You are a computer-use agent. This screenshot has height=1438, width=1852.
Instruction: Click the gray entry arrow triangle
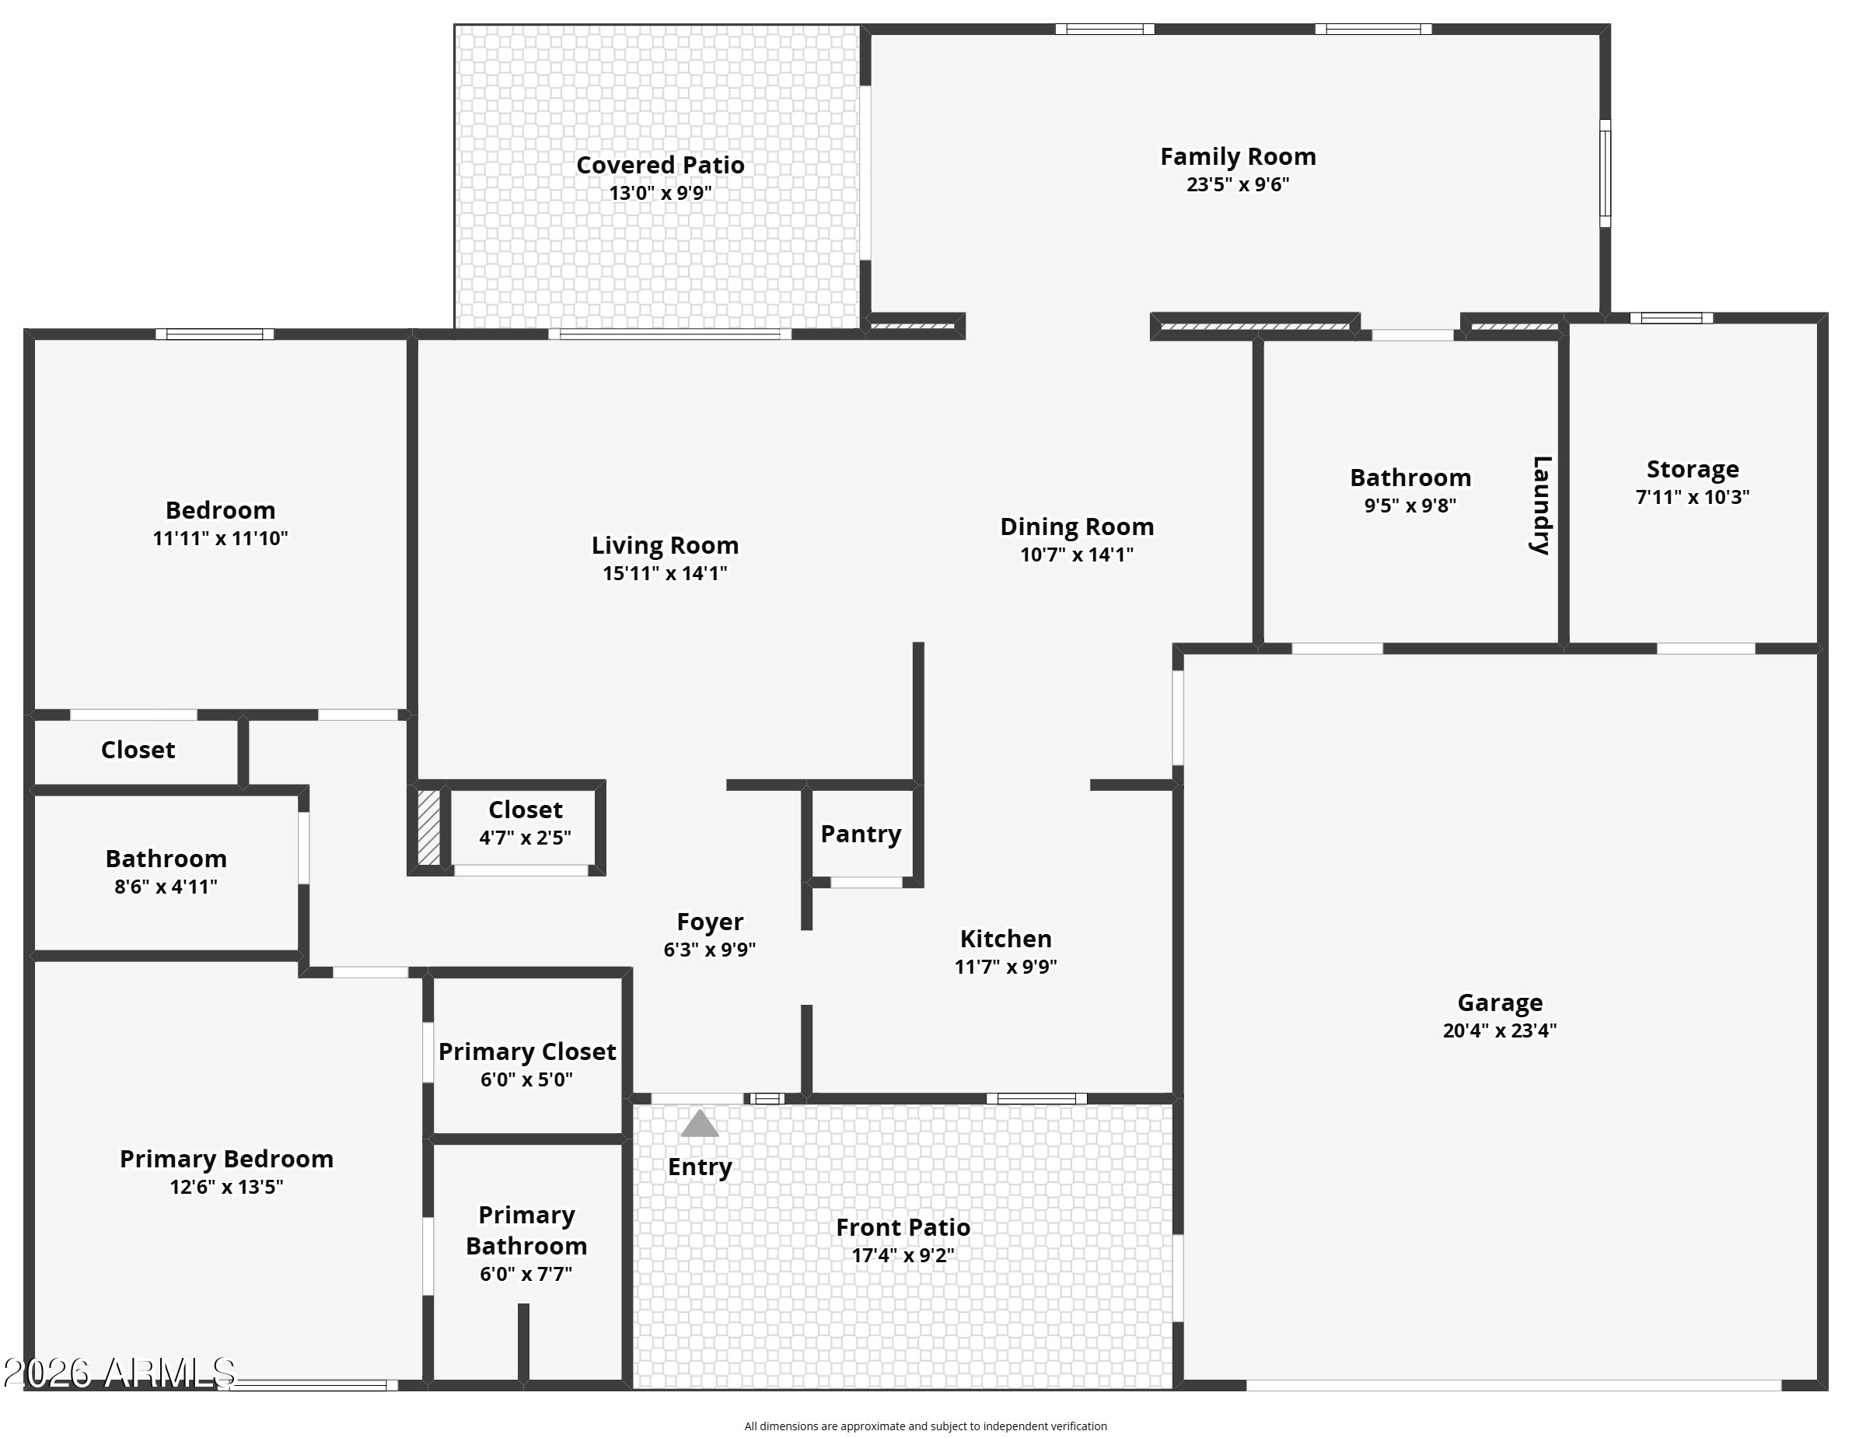700,1123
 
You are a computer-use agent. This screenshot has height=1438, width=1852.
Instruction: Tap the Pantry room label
861,834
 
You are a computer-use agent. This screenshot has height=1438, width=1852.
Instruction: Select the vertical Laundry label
1541,506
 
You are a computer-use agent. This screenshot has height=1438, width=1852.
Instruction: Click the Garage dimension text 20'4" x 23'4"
1500,1030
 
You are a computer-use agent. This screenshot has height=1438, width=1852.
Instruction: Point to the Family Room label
1238,157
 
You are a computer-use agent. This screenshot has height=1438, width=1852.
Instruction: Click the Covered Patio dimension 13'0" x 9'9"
661,193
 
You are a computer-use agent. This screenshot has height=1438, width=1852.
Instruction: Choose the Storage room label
1693,469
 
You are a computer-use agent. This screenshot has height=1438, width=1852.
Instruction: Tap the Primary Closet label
526,1052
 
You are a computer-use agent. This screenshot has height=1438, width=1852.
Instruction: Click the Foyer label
710,922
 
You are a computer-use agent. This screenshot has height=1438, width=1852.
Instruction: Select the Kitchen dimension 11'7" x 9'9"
1006,966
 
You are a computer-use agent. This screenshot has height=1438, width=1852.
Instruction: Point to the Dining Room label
1077,527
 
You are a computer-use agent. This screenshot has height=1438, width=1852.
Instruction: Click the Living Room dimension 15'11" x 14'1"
665,573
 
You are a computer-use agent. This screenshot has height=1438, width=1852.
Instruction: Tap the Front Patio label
903,1227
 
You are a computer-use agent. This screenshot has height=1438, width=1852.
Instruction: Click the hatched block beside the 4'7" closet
429,828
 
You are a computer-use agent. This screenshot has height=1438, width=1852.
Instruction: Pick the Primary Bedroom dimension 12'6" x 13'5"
226,1187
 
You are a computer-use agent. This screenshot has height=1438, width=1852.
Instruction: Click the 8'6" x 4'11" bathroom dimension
166,887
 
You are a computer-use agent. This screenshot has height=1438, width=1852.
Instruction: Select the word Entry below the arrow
700,1167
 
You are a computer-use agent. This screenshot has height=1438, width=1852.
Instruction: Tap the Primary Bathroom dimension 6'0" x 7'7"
526,1274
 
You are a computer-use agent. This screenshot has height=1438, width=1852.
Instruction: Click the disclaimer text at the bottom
925,1426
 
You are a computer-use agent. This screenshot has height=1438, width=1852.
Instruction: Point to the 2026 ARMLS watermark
120,1373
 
